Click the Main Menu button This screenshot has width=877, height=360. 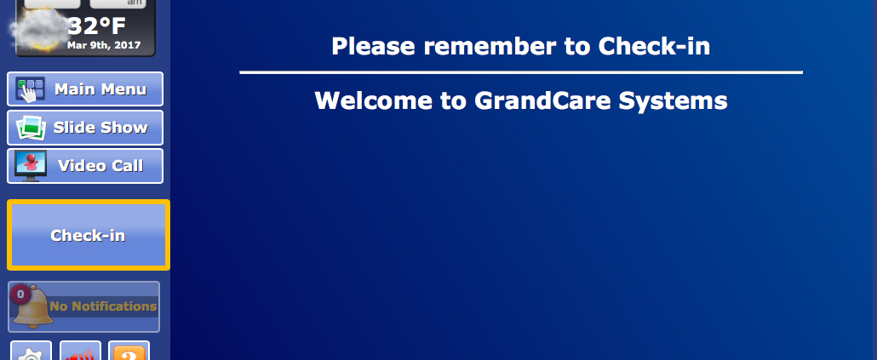coord(85,89)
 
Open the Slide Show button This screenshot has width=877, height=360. coord(85,128)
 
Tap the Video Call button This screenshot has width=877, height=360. coord(85,166)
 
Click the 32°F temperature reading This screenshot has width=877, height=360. coord(97,26)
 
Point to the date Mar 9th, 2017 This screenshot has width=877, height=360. coord(104,45)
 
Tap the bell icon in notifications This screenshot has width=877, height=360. coord(32,307)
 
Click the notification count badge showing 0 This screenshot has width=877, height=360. coord(20,294)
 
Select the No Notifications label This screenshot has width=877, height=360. coord(103,306)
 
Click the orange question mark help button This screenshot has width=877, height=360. coord(129,352)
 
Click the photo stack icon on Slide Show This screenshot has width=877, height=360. coord(31,128)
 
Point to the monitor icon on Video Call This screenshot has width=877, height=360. coord(31,166)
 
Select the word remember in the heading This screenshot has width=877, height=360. coord(490,47)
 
